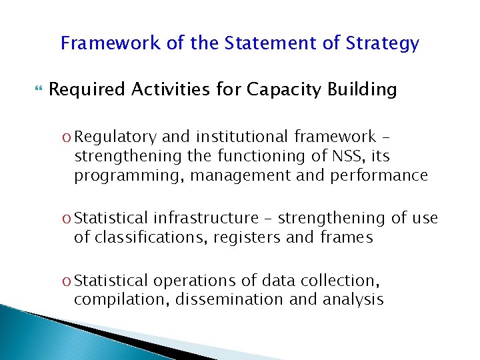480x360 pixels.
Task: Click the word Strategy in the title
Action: click(383, 44)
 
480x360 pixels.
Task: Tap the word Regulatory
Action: click(116, 137)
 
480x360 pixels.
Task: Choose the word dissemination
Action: click(230, 299)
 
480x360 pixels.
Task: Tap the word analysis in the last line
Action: click(352, 299)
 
